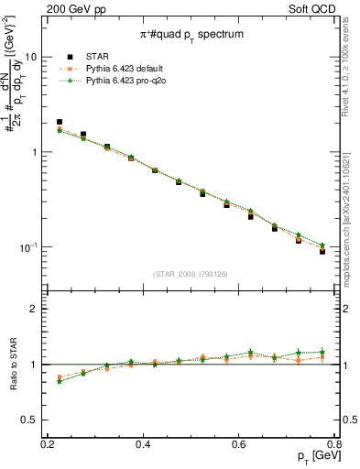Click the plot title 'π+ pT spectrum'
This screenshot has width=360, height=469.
click(191, 34)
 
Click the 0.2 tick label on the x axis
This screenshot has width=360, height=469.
click(48, 443)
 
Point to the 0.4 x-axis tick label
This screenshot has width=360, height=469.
click(143, 443)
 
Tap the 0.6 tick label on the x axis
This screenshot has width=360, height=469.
click(239, 443)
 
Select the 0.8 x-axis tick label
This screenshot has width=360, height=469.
click(334, 443)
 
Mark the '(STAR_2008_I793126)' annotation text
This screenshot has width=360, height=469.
click(191, 273)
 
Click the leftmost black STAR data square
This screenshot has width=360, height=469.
click(60, 122)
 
